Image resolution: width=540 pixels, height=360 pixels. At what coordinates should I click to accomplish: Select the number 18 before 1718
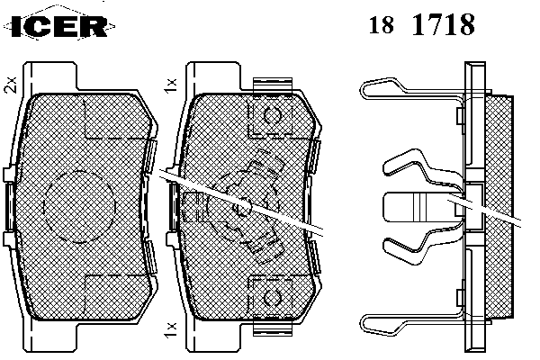[379, 25]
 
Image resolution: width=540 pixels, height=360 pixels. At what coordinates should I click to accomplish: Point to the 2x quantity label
[11, 85]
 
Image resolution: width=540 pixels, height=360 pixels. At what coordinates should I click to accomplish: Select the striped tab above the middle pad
[274, 85]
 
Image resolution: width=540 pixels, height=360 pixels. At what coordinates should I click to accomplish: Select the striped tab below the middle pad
[274, 325]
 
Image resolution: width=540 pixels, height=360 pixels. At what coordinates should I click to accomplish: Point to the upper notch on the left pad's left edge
[10, 174]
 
